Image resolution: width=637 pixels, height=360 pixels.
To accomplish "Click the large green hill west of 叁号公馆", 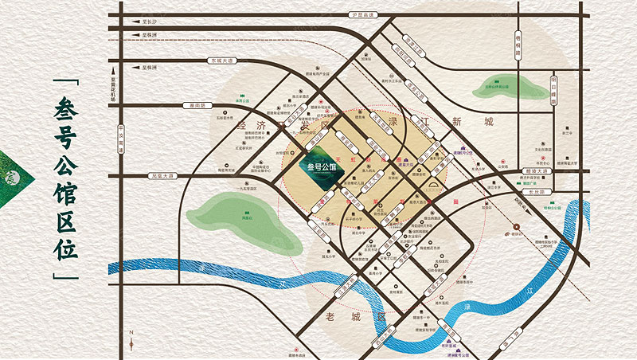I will coord(240,217).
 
